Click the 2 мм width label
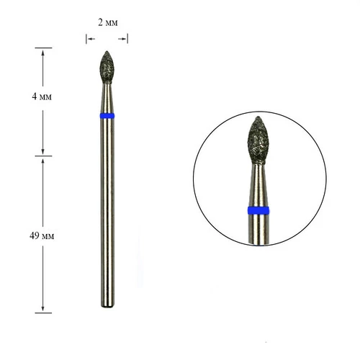108,22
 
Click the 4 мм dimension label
42,96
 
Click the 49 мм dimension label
42,236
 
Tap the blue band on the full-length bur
107,116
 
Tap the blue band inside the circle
258,210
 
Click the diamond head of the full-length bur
107,67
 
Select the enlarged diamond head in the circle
258,140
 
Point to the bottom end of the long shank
107,307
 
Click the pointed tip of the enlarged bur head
258,117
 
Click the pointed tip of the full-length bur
107,51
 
